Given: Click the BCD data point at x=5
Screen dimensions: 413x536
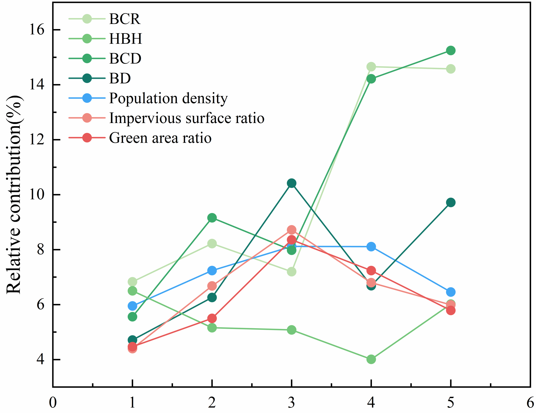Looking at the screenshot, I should [x=450, y=51].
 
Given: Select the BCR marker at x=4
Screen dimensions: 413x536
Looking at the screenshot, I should [x=371, y=67].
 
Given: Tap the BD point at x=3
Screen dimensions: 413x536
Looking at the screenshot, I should [x=292, y=183].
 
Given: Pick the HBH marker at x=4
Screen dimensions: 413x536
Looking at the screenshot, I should [x=371, y=359].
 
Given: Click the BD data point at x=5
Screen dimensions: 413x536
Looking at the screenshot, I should [x=450, y=202].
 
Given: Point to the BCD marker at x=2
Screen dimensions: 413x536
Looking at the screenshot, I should [x=212, y=218].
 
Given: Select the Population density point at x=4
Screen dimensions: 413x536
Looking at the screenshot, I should [x=371, y=247].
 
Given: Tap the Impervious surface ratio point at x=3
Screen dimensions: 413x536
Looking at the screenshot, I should [x=292, y=230].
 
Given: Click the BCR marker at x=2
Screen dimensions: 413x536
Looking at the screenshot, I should [x=212, y=244].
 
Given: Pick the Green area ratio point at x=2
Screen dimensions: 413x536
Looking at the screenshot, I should [x=212, y=318].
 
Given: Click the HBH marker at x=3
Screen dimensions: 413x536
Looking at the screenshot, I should [x=292, y=330].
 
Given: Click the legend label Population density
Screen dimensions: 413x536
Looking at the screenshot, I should [x=168, y=98].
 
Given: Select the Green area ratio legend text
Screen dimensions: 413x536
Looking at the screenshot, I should [x=160, y=138].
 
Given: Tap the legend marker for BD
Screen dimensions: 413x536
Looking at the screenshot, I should [x=87, y=78].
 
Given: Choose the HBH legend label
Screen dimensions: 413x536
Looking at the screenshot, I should [x=126, y=39].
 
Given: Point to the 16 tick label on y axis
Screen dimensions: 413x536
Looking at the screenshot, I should [x=36, y=30].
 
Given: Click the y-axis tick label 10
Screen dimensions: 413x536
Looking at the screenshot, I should [x=36, y=195].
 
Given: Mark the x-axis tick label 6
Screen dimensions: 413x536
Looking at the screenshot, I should [x=530, y=402].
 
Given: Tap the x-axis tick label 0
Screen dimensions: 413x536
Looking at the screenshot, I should [x=53, y=402].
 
